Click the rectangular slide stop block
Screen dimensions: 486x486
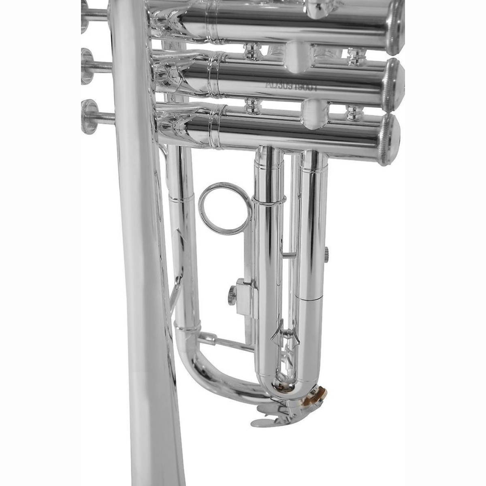click(245, 297)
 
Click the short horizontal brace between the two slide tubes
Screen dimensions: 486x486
click(289, 255)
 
